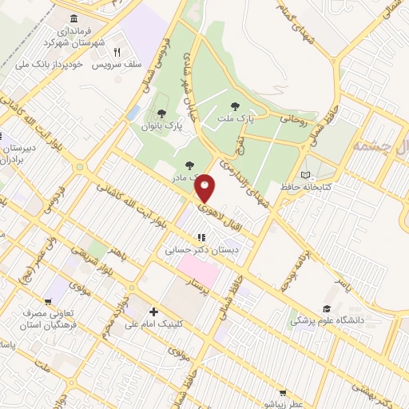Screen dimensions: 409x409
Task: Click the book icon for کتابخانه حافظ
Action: pos(304,174)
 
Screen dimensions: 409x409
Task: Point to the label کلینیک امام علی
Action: pos(155,324)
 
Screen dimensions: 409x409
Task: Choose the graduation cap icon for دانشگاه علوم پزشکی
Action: pos(326,308)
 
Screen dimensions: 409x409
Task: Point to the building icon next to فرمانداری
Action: pos(74,19)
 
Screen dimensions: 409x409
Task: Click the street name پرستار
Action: pos(197,285)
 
